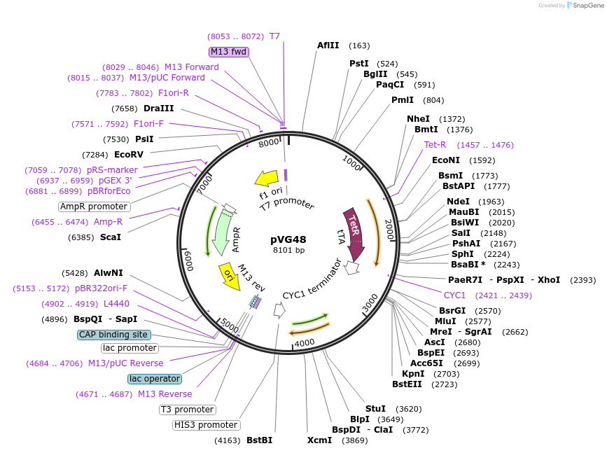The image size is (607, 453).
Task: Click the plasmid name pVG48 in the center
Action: (288, 239)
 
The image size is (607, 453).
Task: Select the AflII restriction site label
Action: (328, 46)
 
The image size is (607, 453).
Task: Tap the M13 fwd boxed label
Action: (229, 52)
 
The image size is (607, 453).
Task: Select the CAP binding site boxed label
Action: (113, 335)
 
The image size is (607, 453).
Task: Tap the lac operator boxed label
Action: (155, 379)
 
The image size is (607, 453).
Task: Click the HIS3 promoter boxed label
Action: (206, 425)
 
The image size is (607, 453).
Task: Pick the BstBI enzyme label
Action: (259, 440)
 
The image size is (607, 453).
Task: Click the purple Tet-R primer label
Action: (435, 145)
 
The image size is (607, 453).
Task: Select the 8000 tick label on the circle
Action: (269, 144)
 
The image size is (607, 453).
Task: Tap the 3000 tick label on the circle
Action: (370, 305)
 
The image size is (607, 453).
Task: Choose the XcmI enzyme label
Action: (319, 440)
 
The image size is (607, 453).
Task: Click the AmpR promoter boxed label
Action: (94, 207)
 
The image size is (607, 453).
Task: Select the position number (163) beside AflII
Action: (359, 46)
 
